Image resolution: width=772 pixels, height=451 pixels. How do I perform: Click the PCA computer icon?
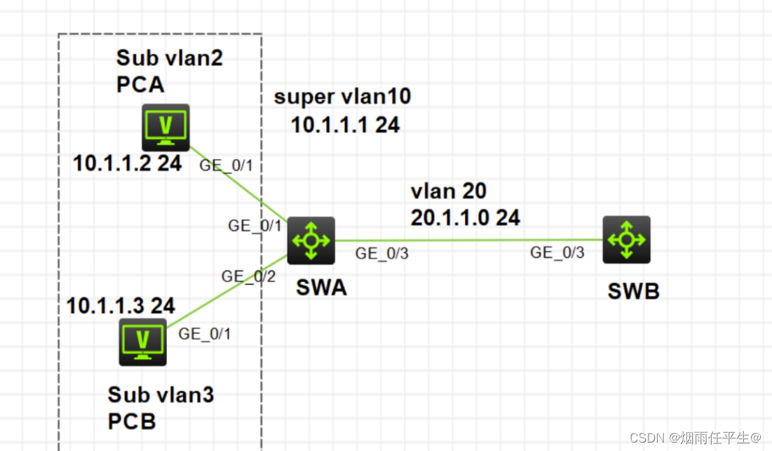pyautogui.click(x=165, y=127)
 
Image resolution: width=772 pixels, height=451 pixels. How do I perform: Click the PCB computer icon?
pyautogui.click(x=143, y=342)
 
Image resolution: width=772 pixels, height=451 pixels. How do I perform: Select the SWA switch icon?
pyautogui.click(x=311, y=240)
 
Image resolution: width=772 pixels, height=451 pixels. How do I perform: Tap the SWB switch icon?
pyautogui.click(x=626, y=239)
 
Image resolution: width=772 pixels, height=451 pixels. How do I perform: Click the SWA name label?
pyautogui.click(x=320, y=288)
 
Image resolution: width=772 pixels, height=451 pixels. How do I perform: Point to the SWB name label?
pyautogui.click(x=633, y=291)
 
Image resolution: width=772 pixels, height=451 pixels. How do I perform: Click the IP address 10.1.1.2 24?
pyautogui.click(x=128, y=163)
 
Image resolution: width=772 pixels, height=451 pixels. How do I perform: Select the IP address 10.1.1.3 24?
pyautogui.click(x=121, y=305)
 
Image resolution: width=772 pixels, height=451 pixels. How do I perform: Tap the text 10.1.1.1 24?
pyautogui.click(x=345, y=125)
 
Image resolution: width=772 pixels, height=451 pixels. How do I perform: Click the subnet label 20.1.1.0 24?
pyautogui.click(x=465, y=217)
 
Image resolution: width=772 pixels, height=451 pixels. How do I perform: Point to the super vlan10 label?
pyautogui.click(x=342, y=97)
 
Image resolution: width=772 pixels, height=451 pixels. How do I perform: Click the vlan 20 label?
pyautogui.click(x=448, y=191)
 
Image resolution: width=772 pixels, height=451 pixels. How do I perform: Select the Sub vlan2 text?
pyautogui.click(x=170, y=58)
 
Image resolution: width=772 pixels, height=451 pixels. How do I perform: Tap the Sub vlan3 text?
pyautogui.click(x=161, y=395)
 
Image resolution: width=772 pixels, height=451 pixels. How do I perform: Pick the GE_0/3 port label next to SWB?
pyautogui.click(x=557, y=253)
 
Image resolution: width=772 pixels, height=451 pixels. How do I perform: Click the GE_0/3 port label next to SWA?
pyautogui.click(x=381, y=254)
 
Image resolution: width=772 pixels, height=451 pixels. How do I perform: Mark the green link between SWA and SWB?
pyautogui.click(x=470, y=240)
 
